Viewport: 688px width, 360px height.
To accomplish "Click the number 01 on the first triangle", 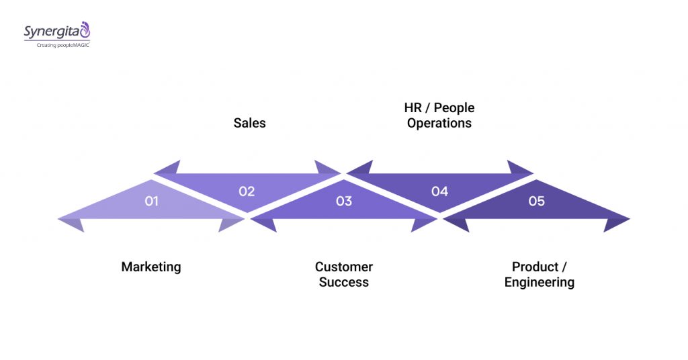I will (151, 201).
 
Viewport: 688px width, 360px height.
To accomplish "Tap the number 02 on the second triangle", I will (247, 191).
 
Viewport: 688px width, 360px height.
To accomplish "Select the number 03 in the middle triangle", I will (343, 201).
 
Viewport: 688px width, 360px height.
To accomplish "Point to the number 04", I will (439, 191).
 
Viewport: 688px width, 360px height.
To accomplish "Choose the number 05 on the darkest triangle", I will (536, 201).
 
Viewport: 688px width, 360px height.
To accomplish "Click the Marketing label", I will (151, 267).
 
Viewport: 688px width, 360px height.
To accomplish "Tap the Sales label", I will (249, 123).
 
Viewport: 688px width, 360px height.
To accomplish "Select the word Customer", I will (343, 267).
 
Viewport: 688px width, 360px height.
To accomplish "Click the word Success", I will (343, 282).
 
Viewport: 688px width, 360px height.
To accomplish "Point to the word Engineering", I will (539, 282).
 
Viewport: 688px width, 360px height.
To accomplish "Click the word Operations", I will (439, 123).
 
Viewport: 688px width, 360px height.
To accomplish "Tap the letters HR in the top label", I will (413, 107).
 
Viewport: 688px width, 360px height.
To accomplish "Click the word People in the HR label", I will (455, 107).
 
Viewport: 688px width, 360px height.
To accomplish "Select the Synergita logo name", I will (50, 32).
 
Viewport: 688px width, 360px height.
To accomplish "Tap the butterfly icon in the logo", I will (85, 29).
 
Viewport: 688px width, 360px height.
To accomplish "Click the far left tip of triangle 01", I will (59, 218).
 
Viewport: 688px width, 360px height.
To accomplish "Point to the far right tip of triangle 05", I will (629, 218).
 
